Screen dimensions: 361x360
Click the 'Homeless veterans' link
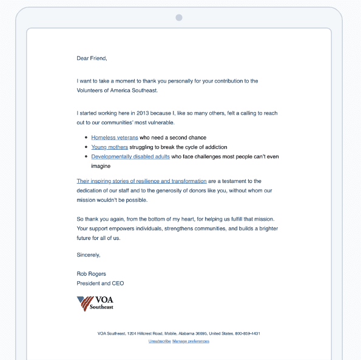pyautogui.click(x=115, y=138)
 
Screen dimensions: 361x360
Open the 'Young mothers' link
pyautogui.click(x=110, y=147)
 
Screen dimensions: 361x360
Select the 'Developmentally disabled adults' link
pyautogui.click(x=130, y=156)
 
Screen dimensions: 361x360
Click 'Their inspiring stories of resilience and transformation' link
pyautogui.click(x=141, y=181)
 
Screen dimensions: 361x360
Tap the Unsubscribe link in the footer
pyautogui.click(x=159, y=341)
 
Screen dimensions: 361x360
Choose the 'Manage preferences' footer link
pyautogui.click(x=191, y=341)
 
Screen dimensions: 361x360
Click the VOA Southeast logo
pyautogui.click(x=95, y=303)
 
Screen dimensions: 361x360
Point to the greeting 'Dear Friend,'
pyautogui.click(x=92, y=58)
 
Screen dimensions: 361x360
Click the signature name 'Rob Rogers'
pyautogui.click(x=92, y=274)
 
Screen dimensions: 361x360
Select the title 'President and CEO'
pyautogui.click(x=101, y=283)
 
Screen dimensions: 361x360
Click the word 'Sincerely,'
pyautogui.click(x=89, y=255)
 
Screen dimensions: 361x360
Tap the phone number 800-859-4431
pyautogui.click(x=248, y=334)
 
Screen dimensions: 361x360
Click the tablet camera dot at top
pyautogui.click(x=179, y=18)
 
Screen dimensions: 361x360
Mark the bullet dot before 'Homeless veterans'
pyautogui.click(x=86, y=138)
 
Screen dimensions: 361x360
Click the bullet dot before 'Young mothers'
pyautogui.click(x=86, y=147)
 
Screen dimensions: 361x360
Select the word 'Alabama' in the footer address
pyautogui.click(x=186, y=334)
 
